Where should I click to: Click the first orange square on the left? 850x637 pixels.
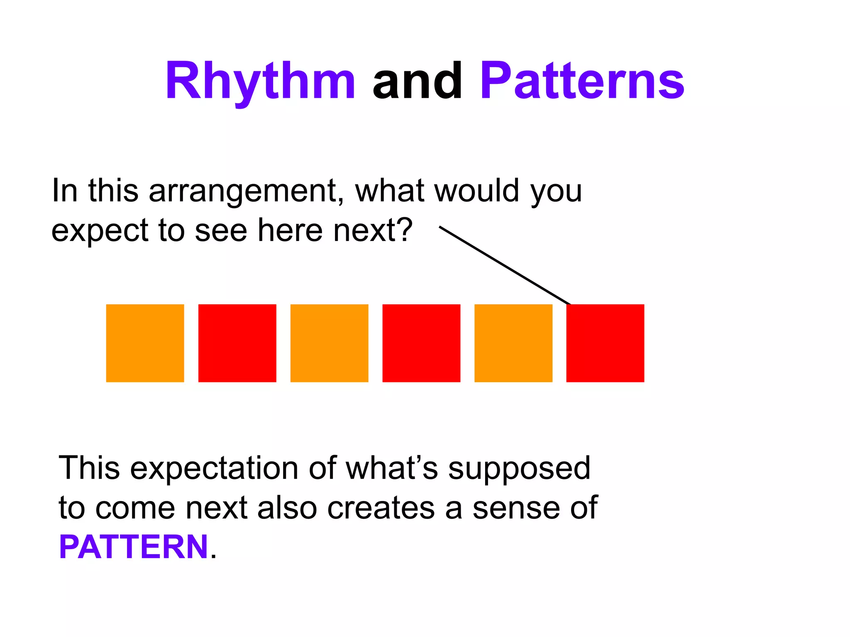(x=145, y=343)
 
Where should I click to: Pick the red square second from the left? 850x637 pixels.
(x=237, y=343)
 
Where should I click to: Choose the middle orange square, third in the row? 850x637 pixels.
(x=329, y=343)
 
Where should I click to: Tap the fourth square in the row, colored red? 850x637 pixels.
(x=421, y=343)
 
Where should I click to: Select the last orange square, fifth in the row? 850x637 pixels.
(x=513, y=343)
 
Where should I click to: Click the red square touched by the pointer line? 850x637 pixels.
(x=605, y=343)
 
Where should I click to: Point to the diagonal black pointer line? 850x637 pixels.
(x=505, y=265)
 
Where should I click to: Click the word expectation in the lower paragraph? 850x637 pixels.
(x=214, y=468)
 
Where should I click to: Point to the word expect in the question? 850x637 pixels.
(x=100, y=231)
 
